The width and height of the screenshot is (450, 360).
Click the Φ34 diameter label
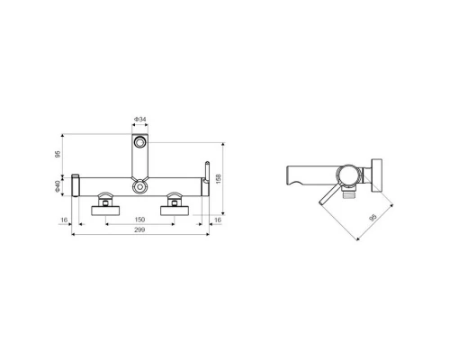point(140,119)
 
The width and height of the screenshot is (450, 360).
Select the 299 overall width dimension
point(141,231)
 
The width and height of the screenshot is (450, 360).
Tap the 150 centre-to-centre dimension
point(140,219)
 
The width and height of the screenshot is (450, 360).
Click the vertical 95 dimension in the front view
point(60,154)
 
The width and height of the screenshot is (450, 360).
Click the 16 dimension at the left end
point(65,219)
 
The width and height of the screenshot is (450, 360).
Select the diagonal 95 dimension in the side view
point(372,216)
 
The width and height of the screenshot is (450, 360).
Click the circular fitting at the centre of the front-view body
point(140,186)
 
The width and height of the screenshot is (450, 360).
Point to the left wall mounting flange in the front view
point(106,211)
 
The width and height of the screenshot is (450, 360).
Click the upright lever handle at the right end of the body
point(205,175)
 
